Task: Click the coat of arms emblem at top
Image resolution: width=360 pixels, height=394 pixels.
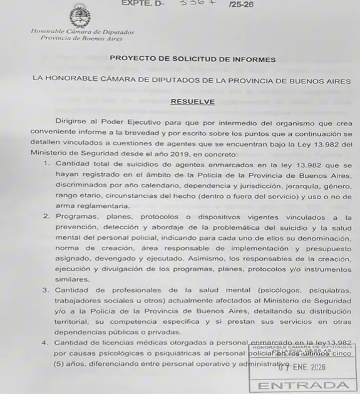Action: tap(80, 16)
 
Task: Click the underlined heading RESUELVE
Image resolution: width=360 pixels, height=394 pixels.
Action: tap(192, 101)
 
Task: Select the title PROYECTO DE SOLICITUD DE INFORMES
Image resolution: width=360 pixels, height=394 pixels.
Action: tap(192, 60)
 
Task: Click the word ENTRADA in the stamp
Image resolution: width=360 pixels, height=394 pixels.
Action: tap(304, 385)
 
